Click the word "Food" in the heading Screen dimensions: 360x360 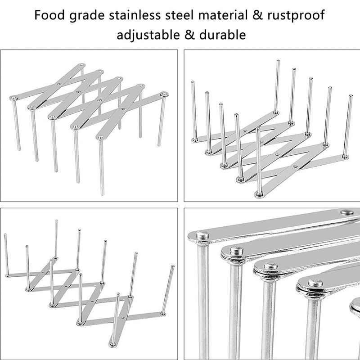(49, 15)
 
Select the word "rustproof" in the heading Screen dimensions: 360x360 (296, 16)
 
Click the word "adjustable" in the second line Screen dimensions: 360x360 (148, 35)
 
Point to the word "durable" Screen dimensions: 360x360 (222, 35)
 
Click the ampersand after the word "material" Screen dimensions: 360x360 (257, 15)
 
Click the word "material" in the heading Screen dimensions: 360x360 (223, 15)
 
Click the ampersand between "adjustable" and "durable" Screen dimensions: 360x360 (189, 35)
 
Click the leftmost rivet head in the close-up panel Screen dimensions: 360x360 (202, 235)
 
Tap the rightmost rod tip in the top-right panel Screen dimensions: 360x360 (351, 95)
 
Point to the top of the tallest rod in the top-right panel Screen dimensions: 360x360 (278, 61)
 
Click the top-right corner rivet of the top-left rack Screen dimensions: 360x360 (164, 94)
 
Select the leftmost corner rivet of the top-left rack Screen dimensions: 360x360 (13, 98)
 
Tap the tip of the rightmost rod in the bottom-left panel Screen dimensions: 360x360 (173, 266)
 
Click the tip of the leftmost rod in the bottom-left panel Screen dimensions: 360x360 (5, 234)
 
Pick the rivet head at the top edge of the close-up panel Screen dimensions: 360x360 (346, 212)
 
